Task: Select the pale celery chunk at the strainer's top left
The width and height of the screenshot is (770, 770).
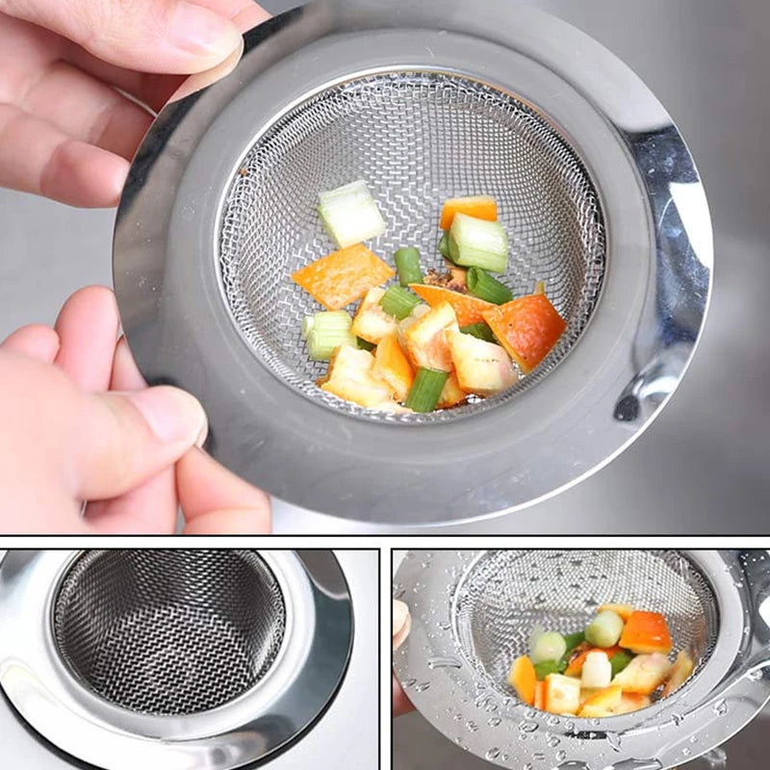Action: coord(350,213)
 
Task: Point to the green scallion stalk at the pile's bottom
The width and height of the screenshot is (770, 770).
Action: coord(425,389)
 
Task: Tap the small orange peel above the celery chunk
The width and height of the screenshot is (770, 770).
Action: coord(469,210)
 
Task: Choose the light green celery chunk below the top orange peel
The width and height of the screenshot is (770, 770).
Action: coord(478,243)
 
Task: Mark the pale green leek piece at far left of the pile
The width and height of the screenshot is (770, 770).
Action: coord(328,333)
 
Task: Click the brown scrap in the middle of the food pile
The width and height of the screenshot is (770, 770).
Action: coord(446,279)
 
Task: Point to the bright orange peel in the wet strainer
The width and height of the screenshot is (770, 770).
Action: coord(645,632)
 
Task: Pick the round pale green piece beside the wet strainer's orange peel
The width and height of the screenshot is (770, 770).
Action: coord(604,629)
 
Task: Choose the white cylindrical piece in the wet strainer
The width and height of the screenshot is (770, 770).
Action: coord(596,669)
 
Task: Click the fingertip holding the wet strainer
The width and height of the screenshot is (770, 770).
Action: coord(399,621)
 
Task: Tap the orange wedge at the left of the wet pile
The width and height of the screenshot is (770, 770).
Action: coord(524,679)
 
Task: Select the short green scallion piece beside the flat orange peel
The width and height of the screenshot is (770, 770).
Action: coord(408,265)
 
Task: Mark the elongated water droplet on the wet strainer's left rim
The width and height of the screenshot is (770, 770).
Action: coord(442,663)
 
